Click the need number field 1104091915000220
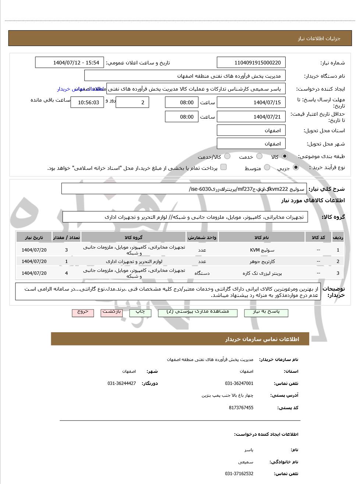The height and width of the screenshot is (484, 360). tap(251, 63)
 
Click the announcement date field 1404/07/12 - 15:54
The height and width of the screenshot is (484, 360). tap(70, 63)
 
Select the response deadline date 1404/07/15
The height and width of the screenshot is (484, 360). tap(251, 102)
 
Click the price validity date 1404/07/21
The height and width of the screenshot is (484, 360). tap(251, 117)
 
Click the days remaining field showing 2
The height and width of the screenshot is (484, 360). tap(132, 102)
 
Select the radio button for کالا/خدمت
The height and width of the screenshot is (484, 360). tap(227, 157)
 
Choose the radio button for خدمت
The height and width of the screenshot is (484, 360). tap(259, 157)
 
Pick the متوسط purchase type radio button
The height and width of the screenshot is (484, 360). tap(267, 168)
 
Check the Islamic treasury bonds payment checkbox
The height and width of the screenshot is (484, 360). tap(223, 168)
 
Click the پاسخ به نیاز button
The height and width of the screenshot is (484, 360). tap(266, 312)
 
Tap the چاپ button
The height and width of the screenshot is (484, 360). tap(140, 312)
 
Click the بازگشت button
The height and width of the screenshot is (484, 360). tap(112, 312)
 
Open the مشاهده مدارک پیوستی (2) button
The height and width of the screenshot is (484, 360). tap(197, 312)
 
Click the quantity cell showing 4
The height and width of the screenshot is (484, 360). tap(67, 273)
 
